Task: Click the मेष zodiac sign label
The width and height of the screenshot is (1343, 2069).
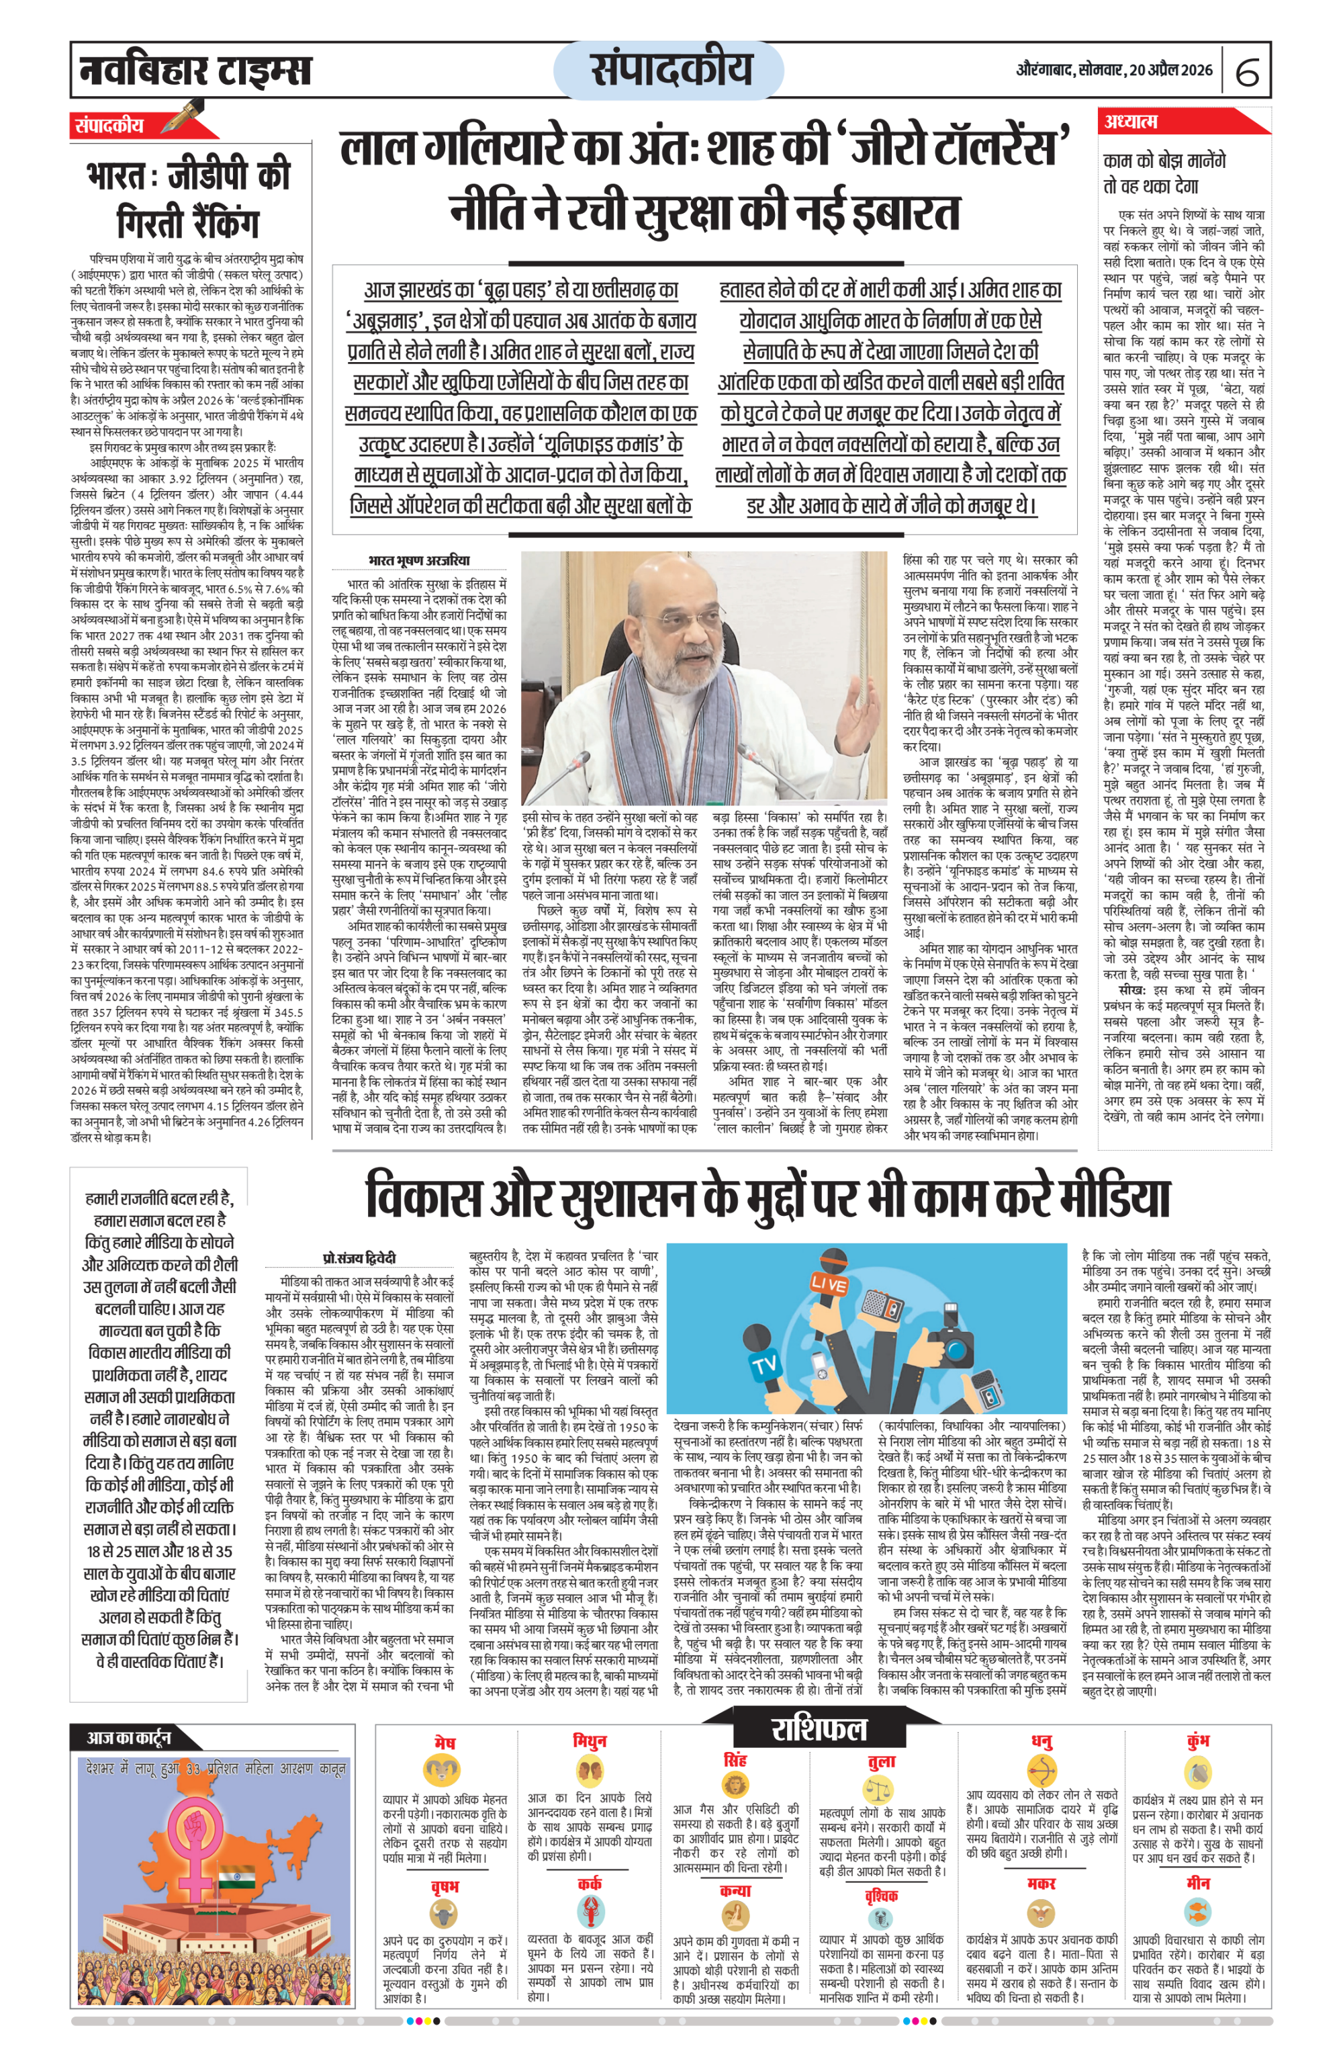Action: pos(444,1743)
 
